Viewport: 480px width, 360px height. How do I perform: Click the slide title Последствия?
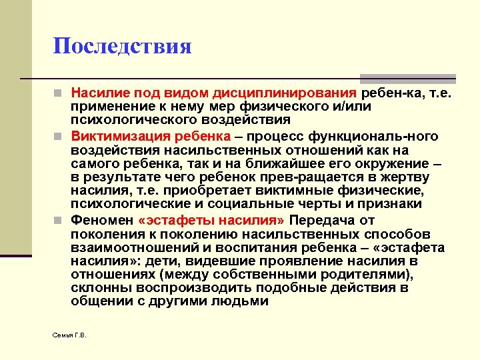point(123,46)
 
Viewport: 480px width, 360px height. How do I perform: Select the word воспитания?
point(258,247)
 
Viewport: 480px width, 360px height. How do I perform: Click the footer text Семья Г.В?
point(69,334)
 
